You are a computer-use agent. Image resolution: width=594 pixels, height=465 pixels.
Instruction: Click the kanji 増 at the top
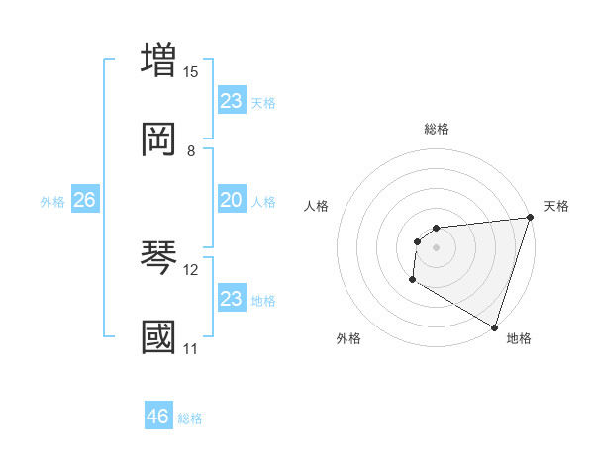point(159,59)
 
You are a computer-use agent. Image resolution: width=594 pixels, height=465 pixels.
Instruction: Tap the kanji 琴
point(159,257)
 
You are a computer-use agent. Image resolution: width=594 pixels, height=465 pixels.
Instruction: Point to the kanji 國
point(159,336)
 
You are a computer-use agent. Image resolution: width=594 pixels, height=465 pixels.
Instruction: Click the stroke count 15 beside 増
point(191,72)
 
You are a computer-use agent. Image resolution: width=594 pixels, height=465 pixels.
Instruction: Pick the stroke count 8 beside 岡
point(191,151)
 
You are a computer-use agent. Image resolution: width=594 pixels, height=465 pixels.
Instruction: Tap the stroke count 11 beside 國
point(191,349)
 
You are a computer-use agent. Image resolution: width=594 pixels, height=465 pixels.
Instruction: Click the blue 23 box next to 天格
point(232,101)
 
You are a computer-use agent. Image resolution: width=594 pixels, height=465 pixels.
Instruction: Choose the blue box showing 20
point(232,201)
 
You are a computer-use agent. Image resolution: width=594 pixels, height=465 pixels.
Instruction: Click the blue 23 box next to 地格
point(232,299)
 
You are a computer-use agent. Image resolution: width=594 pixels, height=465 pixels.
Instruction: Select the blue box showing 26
point(84,201)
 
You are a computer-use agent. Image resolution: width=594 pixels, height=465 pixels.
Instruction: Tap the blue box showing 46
point(158,417)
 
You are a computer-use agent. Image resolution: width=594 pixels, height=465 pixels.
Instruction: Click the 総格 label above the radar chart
point(437,129)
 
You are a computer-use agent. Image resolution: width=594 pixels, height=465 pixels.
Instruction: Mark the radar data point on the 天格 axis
point(530,219)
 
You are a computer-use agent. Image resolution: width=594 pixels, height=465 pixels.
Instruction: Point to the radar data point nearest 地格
point(494,326)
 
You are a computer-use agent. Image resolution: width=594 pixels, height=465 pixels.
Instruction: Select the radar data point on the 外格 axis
point(412,280)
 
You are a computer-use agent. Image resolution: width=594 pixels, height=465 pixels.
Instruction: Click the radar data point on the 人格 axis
point(417,241)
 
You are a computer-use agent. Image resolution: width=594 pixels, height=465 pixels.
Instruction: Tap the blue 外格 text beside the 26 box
point(52,202)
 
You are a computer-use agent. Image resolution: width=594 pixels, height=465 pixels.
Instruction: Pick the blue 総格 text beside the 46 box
point(190,418)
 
